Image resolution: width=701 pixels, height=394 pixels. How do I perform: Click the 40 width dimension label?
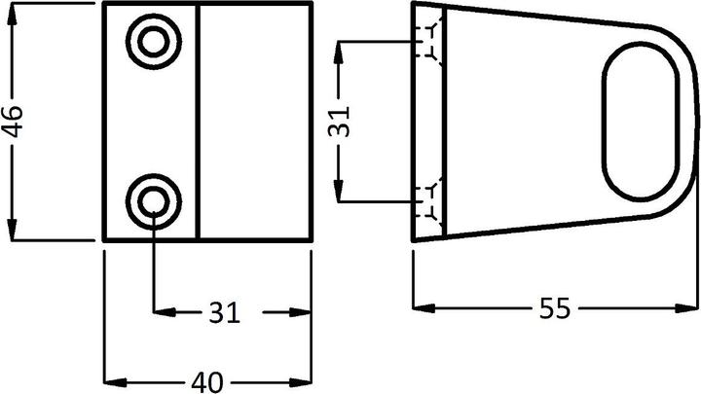pyautogui.click(x=207, y=380)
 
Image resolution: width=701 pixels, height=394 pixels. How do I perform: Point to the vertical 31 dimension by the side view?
pyautogui.click(x=340, y=122)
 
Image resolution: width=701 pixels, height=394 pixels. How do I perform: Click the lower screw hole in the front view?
pyautogui.click(x=153, y=200)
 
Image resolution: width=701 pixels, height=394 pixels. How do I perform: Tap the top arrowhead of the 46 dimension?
pyautogui.click(x=14, y=12)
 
